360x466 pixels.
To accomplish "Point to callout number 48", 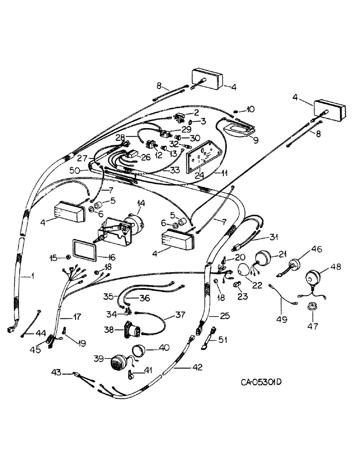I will click(x=336, y=267).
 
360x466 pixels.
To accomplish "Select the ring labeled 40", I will click(x=138, y=350).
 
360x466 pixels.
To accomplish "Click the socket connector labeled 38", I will click(x=135, y=332).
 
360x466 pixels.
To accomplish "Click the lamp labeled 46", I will click(x=293, y=267).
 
